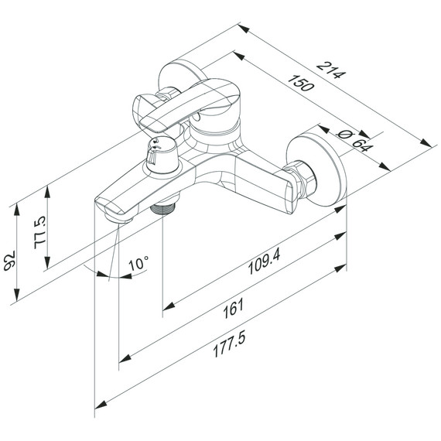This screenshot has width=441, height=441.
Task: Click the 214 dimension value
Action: pyautogui.click(x=331, y=70)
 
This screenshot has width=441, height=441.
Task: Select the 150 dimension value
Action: pyautogui.click(x=300, y=84)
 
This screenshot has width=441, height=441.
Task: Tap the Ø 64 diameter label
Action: pyautogui.click(x=355, y=140)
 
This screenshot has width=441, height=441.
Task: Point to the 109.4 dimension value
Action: pyautogui.click(x=264, y=262)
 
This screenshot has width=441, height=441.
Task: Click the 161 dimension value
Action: pyautogui.click(x=233, y=309)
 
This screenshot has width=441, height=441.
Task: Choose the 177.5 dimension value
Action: pyautogui.click(x=229, y=344)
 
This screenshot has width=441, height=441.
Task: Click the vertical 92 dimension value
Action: pyautogui.click(x=9, y=261)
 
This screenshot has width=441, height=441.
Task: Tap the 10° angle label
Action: pyautogui.click(x=138, y=263)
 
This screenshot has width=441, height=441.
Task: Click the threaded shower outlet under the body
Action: pyautogui.click(x=163, y=208)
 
